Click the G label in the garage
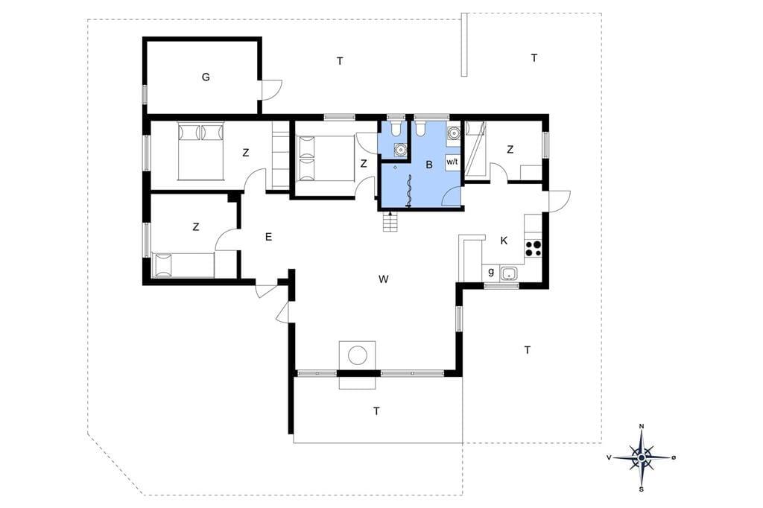coord(206,77)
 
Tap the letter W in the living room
coord(384,279)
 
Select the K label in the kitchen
coord(504,241)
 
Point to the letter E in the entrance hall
coord(268,237)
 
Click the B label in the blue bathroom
coord(429,165)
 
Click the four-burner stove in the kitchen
coord(533,249)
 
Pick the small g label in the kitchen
coord(491,273)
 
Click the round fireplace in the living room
coord(358,355)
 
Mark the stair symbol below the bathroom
coord(391,222)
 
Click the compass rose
coord(642,457)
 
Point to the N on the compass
coord(642,427)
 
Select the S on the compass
coord(642,489)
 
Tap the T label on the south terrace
coord(376,412)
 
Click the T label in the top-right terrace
coord(534,58)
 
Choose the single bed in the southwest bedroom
coord(183,264)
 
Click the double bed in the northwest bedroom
coord(200,151)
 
